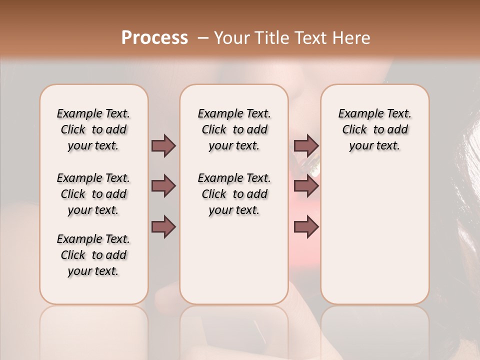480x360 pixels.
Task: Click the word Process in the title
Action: tap(154, 38)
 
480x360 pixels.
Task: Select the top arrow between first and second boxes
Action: tap(163, 146)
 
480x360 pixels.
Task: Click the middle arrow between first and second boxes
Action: tap(163, 186)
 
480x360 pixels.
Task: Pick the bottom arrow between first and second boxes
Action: tap(163, 227)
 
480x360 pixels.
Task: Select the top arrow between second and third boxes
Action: tap(306, 146)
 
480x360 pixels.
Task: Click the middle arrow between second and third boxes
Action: tap(306, 186)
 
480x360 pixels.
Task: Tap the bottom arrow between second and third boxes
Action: tap(306, 227)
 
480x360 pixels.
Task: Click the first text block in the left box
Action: tap(93, 130)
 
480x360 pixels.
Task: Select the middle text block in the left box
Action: tap(93, 194)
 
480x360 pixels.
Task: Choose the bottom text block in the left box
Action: tap(93, 255)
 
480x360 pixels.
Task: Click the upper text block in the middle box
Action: tap(234, 130)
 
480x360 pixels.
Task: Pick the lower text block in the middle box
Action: tap(234, 194)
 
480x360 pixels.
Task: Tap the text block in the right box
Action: tap(375, 130)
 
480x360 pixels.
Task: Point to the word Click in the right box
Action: tap(354, 130)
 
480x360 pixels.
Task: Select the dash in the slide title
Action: tap(203, 38)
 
